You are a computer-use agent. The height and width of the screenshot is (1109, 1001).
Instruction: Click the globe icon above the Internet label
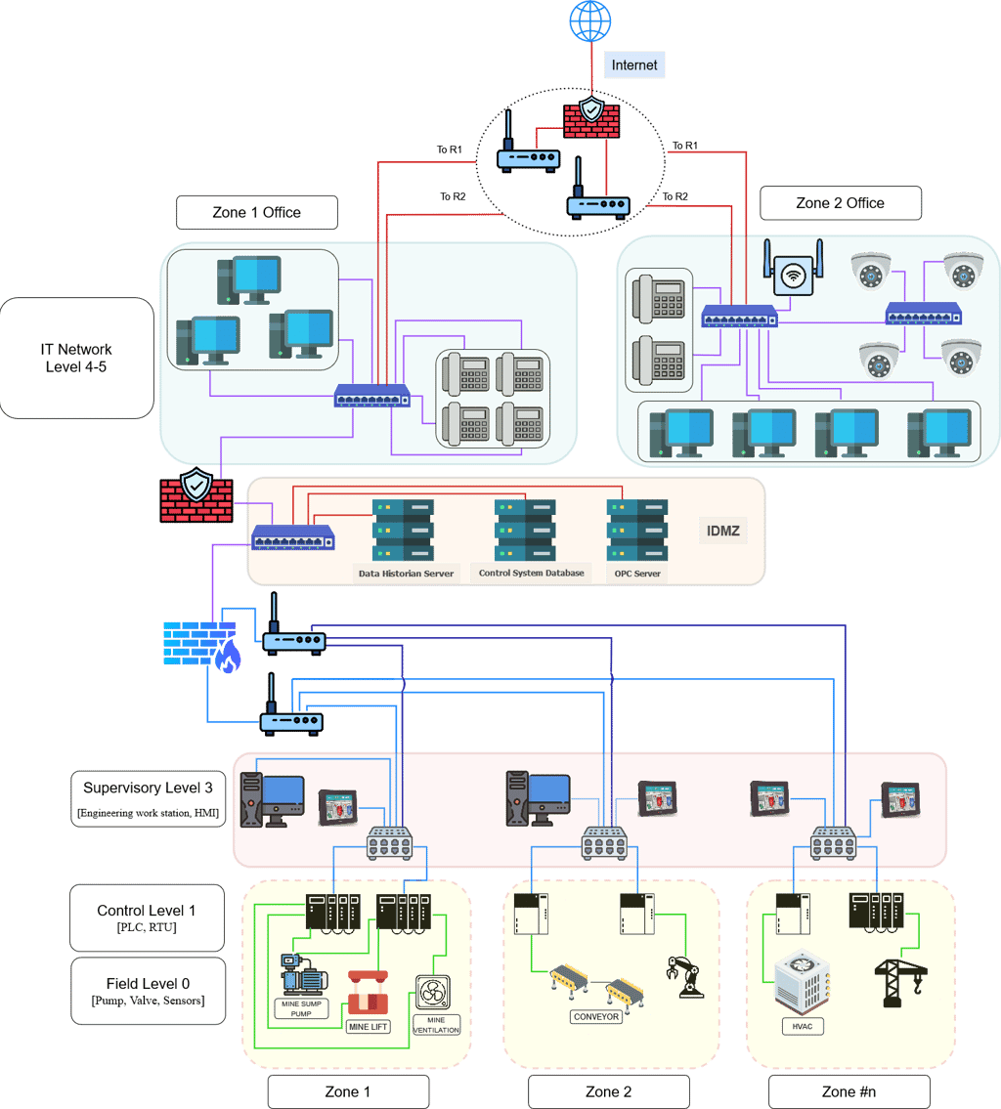590,20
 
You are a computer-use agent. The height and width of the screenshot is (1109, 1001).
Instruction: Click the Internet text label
634,65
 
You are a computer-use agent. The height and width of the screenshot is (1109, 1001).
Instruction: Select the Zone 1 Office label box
256,212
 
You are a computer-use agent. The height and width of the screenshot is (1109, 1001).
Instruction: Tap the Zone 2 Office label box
840,203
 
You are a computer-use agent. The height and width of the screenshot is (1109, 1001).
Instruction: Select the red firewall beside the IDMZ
196,495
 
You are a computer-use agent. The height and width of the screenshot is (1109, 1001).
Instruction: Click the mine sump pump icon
303,974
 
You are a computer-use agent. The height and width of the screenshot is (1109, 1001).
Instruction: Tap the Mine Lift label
368,1027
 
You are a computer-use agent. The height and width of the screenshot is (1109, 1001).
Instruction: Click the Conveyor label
596,1016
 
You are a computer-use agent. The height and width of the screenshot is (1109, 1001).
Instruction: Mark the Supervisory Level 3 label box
148,797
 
